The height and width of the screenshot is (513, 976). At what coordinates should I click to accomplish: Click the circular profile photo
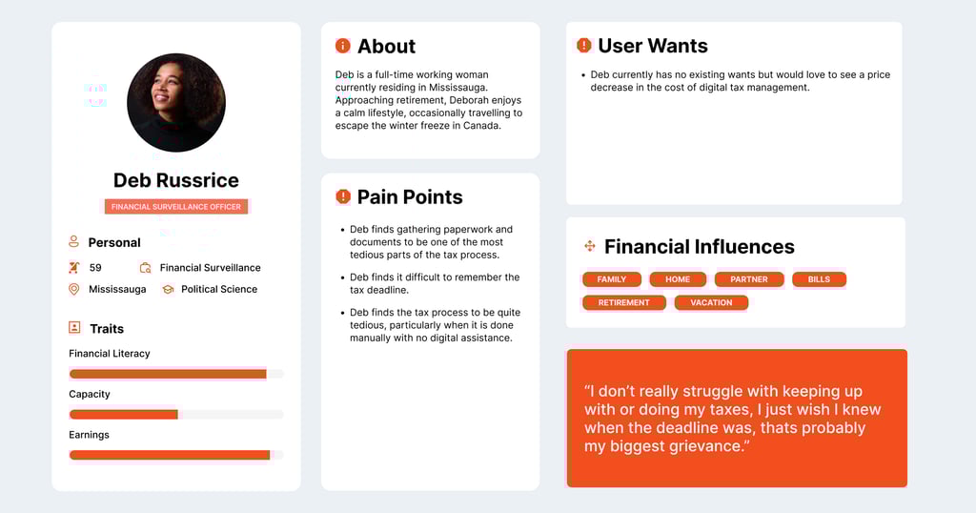(176, 103)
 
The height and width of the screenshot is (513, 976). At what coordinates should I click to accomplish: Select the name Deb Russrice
(176, 180)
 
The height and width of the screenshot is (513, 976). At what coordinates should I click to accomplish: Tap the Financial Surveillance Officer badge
(176, 207)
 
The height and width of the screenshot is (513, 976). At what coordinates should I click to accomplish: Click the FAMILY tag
(612, 279)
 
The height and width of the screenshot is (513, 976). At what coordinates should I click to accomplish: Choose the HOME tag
(678, 279)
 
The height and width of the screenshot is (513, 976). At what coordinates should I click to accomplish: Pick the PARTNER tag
(749, 279)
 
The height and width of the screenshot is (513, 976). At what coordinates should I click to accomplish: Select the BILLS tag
(819, 279)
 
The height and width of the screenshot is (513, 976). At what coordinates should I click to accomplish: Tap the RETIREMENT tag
(623, 302)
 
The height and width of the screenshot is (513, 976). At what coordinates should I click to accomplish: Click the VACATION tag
(711, 302)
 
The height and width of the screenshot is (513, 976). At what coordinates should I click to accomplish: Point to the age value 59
(95, 268)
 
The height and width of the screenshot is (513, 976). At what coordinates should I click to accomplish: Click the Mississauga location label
(117, 290)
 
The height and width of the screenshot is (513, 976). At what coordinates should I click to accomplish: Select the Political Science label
(219, 290)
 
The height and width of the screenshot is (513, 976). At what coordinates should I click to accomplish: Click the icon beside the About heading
(343, 46)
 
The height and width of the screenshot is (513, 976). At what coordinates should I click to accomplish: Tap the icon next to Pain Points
(343, 196)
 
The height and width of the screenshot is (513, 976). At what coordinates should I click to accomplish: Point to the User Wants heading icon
(584, 45)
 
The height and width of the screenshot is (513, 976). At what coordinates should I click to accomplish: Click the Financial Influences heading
(700, 247)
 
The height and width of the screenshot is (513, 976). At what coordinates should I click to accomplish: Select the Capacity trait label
(89, 394)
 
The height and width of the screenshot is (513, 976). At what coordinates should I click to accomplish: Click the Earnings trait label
(89, 435)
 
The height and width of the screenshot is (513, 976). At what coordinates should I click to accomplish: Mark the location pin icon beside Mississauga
(74, 290)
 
